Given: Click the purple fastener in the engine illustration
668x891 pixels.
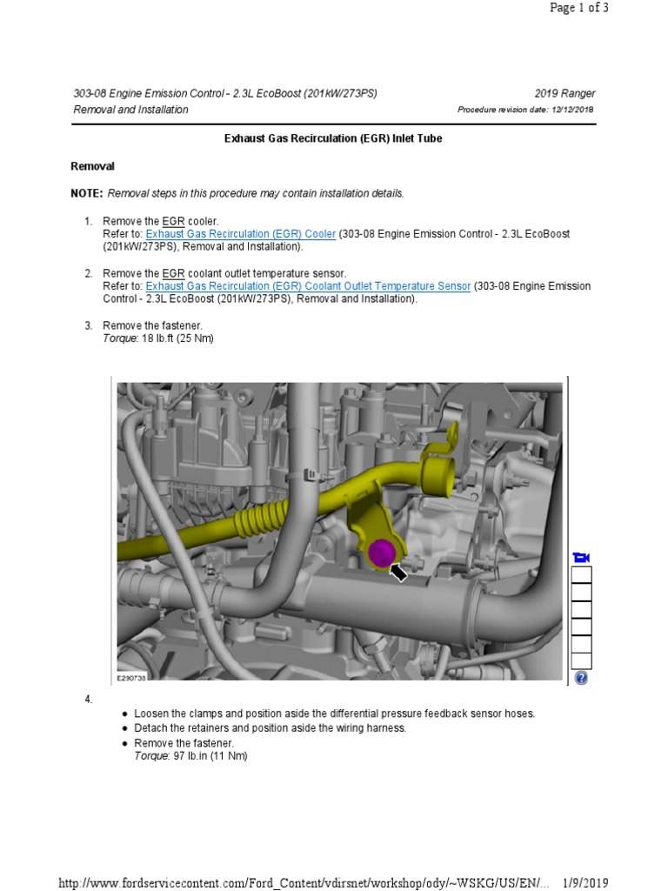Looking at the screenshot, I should point(380,552).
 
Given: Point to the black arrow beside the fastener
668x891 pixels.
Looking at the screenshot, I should point(398,572).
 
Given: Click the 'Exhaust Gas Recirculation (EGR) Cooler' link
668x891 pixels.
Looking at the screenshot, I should point(240,234).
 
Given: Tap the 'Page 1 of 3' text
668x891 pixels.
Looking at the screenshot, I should point(579,8).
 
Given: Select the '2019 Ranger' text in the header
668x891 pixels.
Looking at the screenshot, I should point(564,94).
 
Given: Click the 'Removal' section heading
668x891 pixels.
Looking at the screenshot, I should point(92,165).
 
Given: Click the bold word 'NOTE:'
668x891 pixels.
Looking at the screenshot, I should point(86,193).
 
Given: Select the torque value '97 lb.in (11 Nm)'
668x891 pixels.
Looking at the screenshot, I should point(194,756).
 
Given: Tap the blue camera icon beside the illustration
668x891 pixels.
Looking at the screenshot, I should point(581,557).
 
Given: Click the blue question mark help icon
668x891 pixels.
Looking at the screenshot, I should point(581,678).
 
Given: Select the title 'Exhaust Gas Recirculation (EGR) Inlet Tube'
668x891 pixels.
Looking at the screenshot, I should point(333,138).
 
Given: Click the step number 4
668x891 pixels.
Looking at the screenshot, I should point(88,699).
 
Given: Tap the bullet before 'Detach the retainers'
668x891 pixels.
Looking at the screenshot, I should point(126,728).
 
